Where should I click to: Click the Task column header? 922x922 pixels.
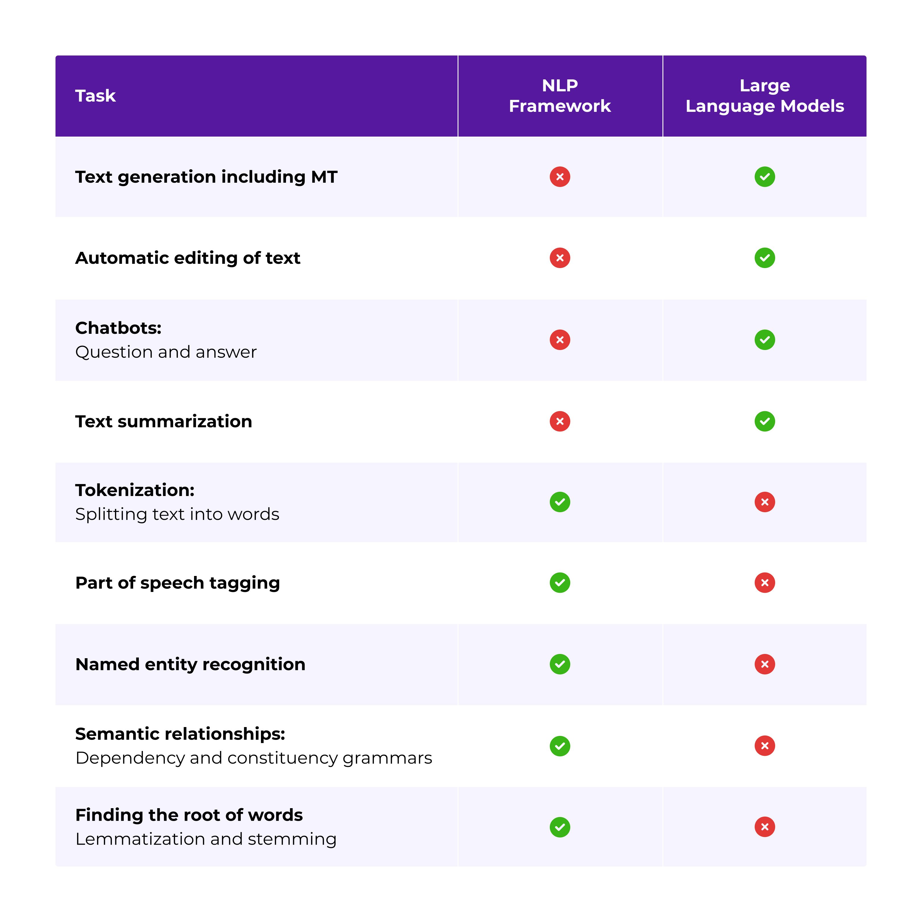(95, 96)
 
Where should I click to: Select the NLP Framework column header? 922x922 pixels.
(560, 96)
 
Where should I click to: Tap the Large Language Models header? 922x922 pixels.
(765, 96)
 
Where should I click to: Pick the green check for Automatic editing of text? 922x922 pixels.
(765, 258)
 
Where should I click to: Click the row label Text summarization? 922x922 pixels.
(164, 421)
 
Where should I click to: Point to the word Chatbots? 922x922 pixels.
(118, 328)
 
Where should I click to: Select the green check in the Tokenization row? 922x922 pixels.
(560, 502)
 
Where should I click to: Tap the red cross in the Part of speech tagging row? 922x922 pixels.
(765, 583)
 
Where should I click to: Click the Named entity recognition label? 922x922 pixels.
(190, 664)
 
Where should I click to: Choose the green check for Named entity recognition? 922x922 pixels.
(560, 664)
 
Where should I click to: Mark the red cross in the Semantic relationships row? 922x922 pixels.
(765, 746)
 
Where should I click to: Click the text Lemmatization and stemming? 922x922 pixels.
(206, 839)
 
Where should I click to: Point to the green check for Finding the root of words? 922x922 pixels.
(560, 827)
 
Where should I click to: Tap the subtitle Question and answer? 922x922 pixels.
(166, 352)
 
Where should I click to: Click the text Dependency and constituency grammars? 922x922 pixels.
(253, 758)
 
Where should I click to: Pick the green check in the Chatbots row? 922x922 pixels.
(765, 340)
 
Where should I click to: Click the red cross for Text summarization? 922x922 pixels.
(560, 421)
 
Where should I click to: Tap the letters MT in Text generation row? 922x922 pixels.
(324, 177)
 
